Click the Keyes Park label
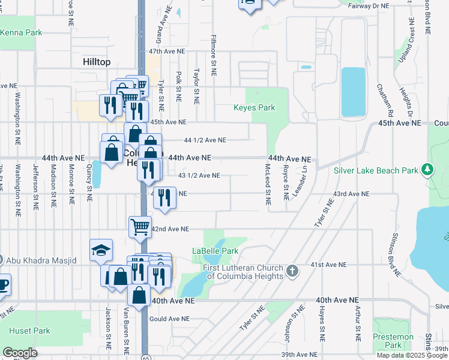coord(254,108)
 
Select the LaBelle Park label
coord(215,251)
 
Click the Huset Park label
coord(29,331)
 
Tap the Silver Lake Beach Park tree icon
coord(427,170)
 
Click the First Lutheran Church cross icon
coord(292,271)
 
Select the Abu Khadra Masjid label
coord(41,260)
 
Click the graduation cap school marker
coord(101,250)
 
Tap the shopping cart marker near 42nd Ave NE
coord(140,227)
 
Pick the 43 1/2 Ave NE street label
coord(199,176)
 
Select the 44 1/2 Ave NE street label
coord(205,140)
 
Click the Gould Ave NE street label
coord(169,319)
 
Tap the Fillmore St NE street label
coord(213,54)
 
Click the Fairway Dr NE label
coord(369,5)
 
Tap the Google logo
coord(20,352)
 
